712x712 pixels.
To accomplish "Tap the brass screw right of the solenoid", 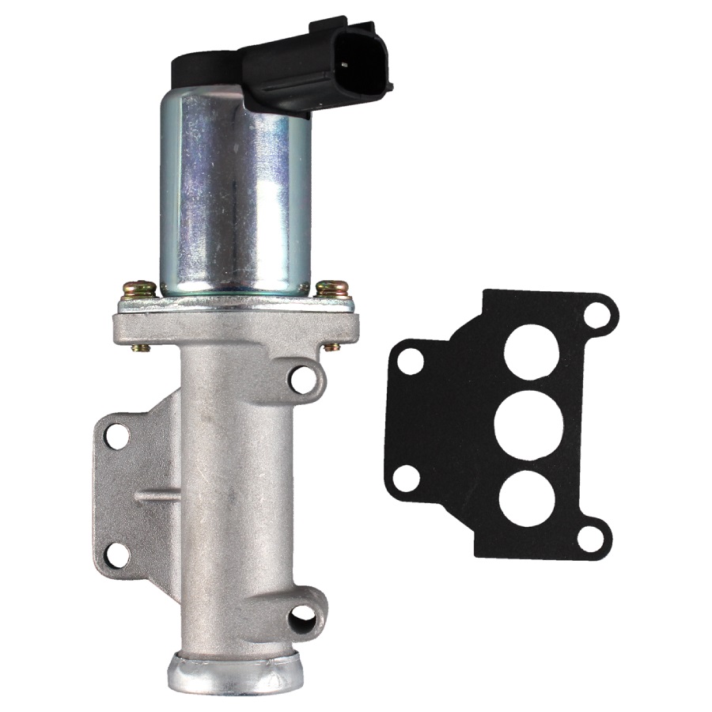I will pos(330,288).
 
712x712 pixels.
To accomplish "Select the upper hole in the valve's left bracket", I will pos(118,435).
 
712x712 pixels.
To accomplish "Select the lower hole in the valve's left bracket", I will pos(117,555).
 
